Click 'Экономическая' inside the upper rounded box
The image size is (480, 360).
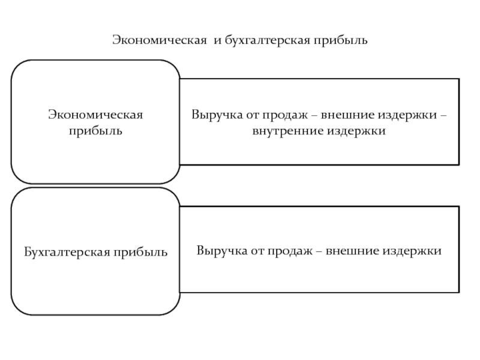click(x=95, y=114)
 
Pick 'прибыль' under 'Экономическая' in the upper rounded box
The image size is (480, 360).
click(x=95, y=130)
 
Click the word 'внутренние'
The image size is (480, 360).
click(x=286, y=130)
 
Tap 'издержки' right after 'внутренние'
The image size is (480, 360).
click(x=356, y=130)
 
